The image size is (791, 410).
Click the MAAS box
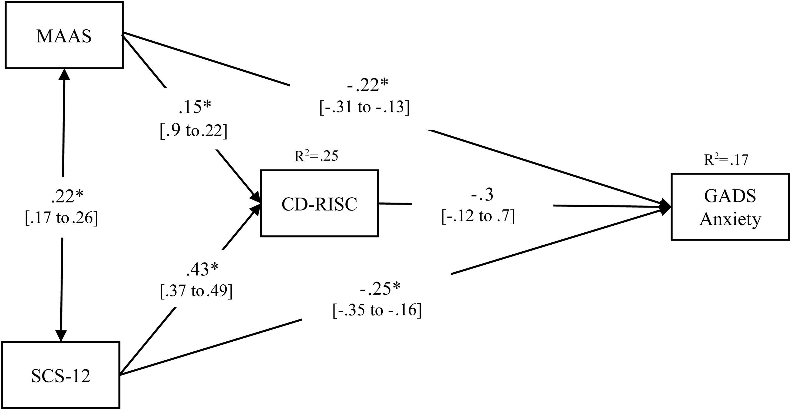[x=64, y=35]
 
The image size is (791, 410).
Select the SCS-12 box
[x=61, y=375]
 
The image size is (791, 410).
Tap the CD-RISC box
[x=319, y=204]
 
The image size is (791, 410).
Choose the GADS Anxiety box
[x=730, y=207]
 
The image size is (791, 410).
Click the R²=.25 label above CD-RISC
[x=316, y=156]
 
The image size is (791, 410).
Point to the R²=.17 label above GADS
[x=726, y=160]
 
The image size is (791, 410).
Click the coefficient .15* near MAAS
[x=195, y=107]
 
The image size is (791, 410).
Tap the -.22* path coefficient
[x=368, y=85]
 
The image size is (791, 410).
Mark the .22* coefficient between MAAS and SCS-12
[x=67, y=196]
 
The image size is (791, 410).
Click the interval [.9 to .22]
[x=194, y=131]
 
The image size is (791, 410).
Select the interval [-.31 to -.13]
[x=365, y=107]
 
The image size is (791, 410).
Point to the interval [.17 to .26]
[x=61, y=218]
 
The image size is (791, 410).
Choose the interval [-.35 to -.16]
[x=377, y=310]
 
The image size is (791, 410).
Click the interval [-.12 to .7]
[x=478, y=216]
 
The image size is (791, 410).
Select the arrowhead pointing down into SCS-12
[x=61, y=335]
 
